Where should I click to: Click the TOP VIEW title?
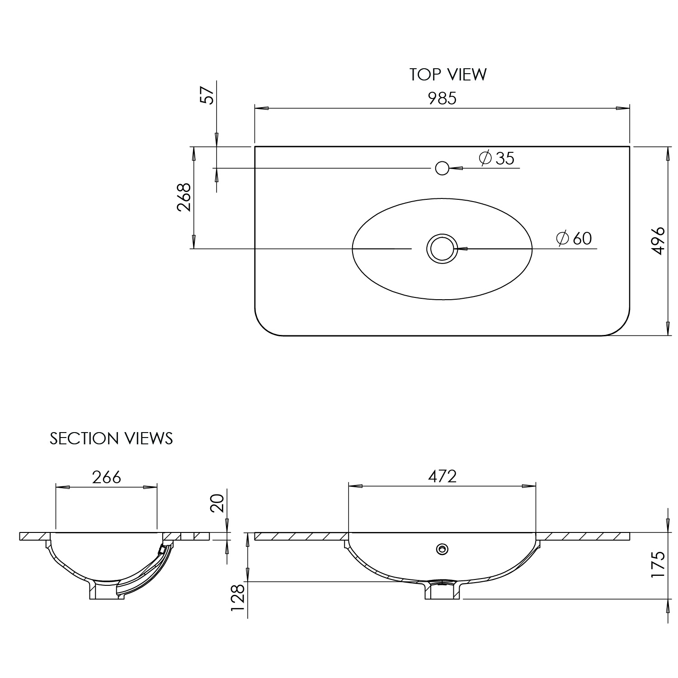point(448,75)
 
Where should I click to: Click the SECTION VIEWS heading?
point(111,438)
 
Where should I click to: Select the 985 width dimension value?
point(442,99)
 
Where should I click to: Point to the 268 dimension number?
point(184,198)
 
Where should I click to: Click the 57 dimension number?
point(207,95)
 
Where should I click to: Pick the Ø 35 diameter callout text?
point(497,158)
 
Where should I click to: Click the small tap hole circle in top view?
point(442,168)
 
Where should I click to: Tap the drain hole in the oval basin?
point(442,248)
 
